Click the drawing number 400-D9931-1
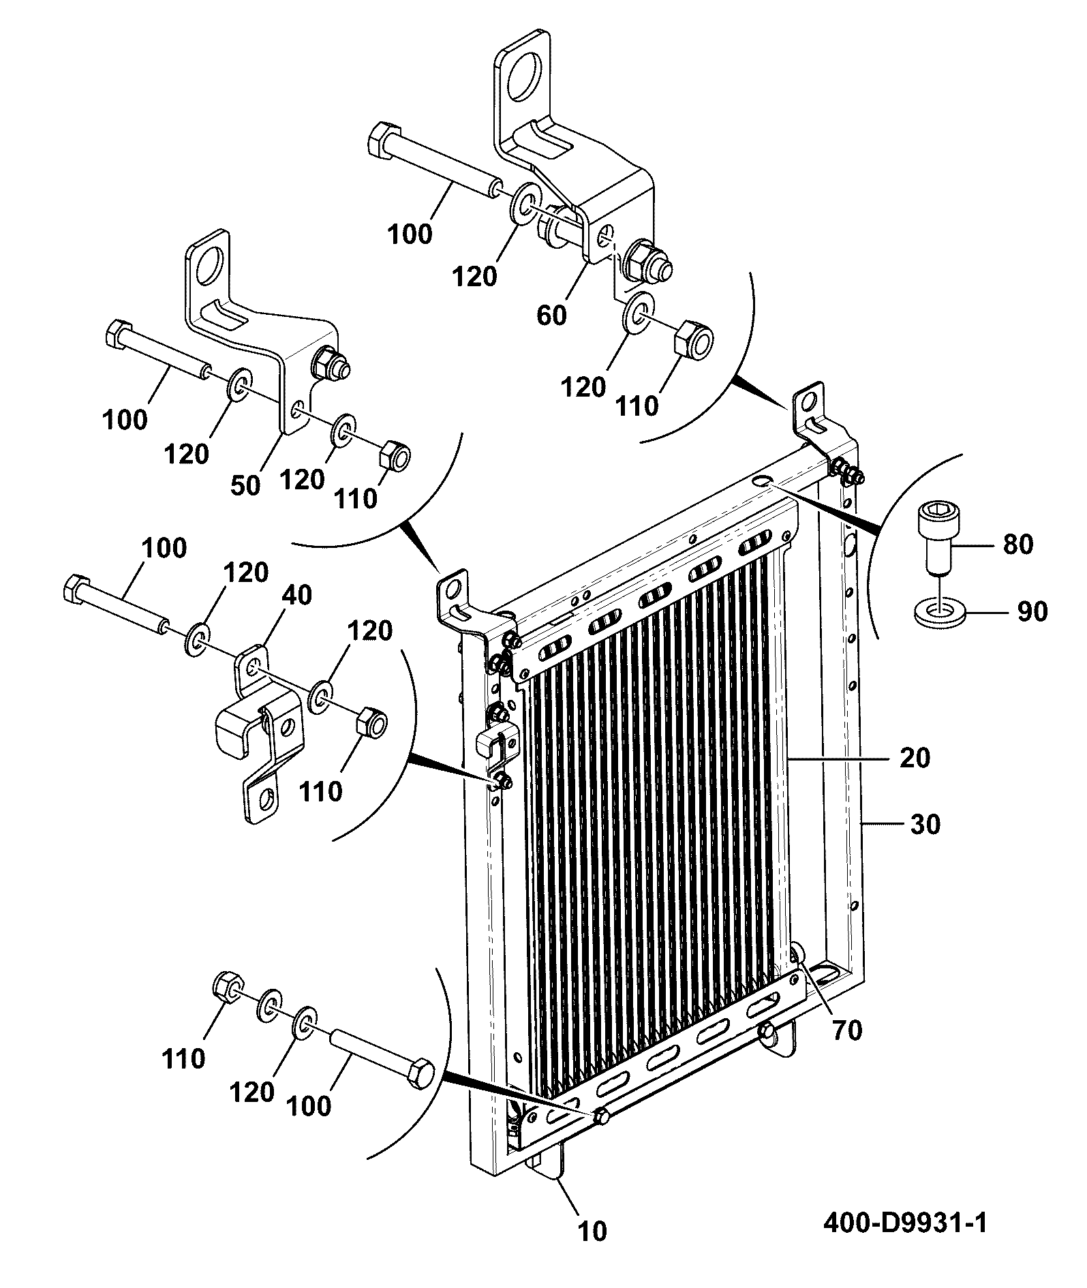point(904,1223)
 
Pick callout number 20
point(915,758)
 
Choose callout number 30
point(925,825)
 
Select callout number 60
point(551,316)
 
